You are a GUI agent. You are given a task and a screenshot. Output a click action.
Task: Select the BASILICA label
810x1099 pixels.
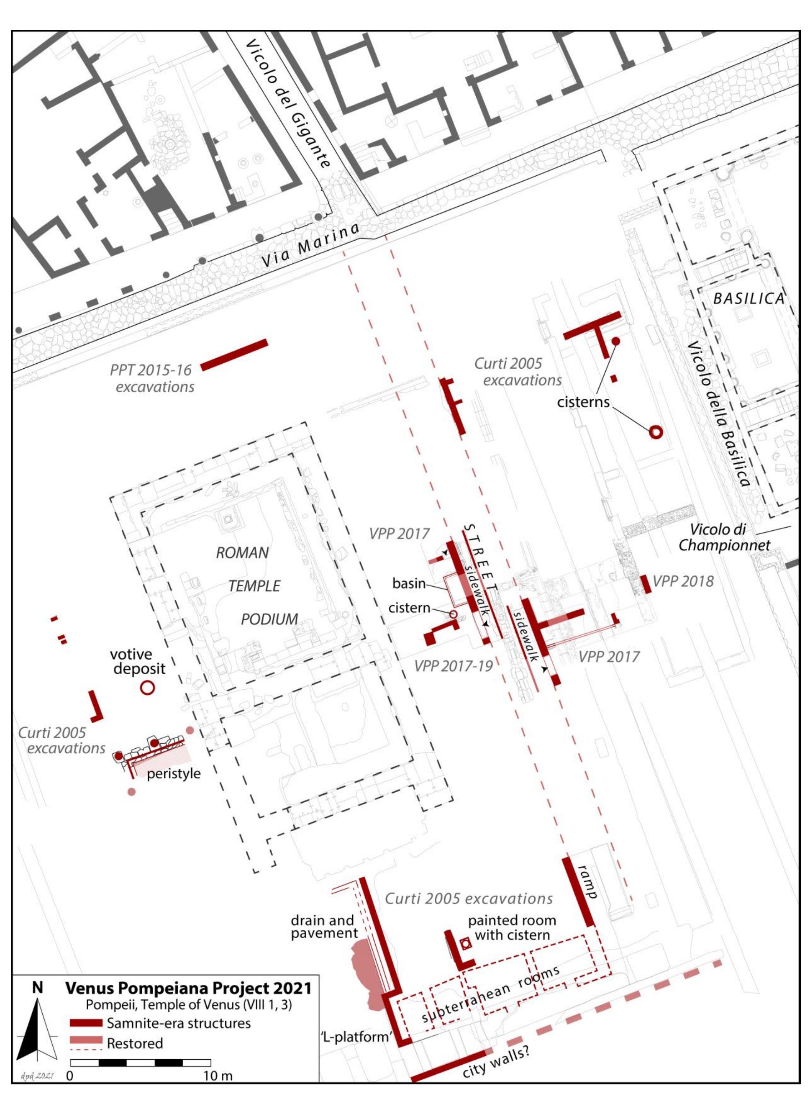coord(748,299)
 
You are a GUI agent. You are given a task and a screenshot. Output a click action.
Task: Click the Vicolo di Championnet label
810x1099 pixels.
coord(724,537)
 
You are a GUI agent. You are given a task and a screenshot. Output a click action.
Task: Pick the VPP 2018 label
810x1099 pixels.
coord(683,582)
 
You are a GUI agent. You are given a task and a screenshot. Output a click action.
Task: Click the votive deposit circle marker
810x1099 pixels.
coord(147,688)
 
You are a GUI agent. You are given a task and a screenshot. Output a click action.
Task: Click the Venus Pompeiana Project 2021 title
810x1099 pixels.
coord(188,988)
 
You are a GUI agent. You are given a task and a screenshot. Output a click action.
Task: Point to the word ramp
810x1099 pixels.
coord(587,881)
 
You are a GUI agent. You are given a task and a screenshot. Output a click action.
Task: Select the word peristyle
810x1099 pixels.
coord(174,773)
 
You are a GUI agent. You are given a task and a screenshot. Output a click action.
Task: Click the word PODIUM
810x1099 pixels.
coord(269,619)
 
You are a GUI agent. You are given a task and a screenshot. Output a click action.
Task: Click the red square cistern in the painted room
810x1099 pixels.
coord(465,942)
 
